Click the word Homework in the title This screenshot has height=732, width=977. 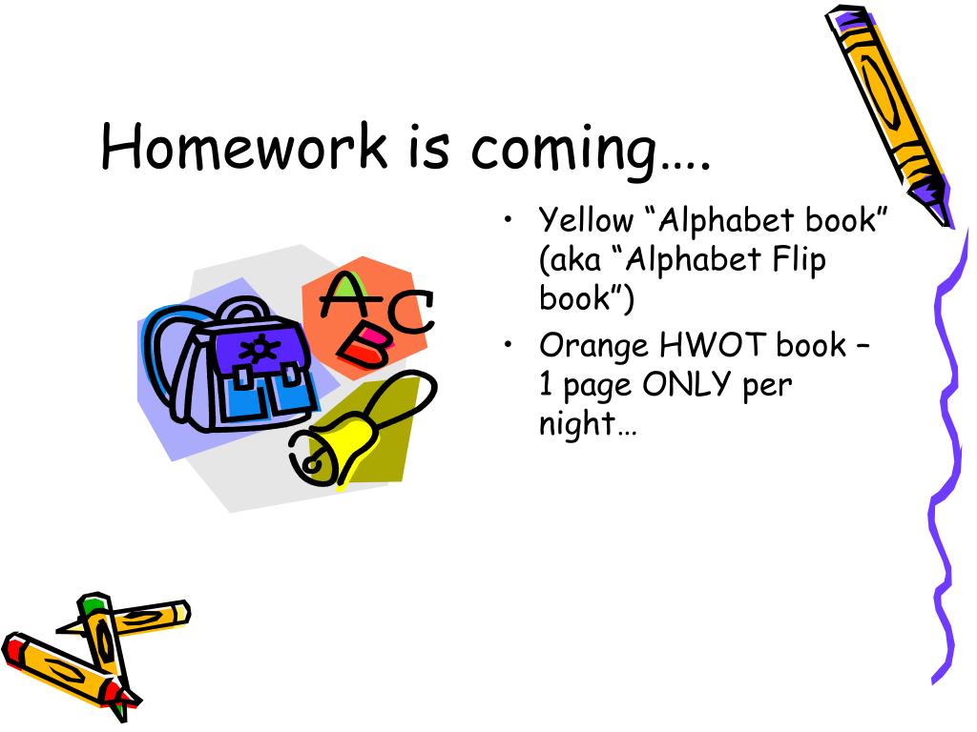click(x=243, y=146)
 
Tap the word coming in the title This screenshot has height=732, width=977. click(x=564, y=152)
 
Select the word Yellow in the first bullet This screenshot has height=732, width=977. click(x=586, y=220)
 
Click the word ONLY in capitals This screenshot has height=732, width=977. click(x=686, y=384)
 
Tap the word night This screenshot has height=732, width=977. click(x=577, y=424)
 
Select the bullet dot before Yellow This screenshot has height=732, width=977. click(x=509, y=220)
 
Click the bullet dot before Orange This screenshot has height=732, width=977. click(x=509, y=344)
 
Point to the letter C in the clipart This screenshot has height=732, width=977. click(x=411, y=312)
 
